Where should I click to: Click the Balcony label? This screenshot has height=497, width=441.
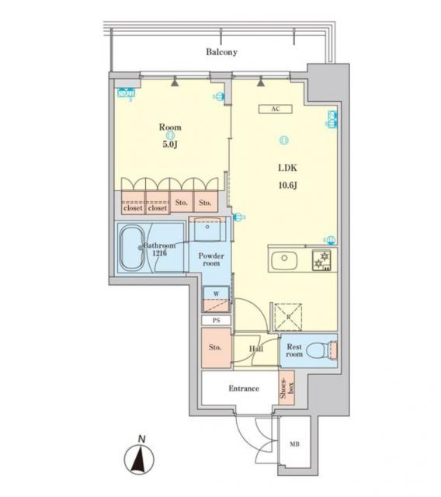pyautogui.click(x=221, y=53)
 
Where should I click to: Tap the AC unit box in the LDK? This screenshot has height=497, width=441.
pyautogui.click(x=275, y=109)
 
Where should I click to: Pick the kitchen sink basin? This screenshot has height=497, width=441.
pyautogui.click(x=284, y=259)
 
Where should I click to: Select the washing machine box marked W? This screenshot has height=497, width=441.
pyautogui.click(x=216, y=298)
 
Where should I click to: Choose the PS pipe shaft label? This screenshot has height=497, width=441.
pyautogui.click(x=216, y=320)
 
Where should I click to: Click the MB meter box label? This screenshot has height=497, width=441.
pyautogui.click(x=294, y=444)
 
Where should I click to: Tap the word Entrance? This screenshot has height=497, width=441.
pyautogui.click(x=243, y=388)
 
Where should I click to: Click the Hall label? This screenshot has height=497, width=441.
pyautogui.click(x=255, y=349)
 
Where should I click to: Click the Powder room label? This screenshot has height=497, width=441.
pyautogui.click(x=210, y=259)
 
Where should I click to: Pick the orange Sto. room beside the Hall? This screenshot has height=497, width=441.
pyautogui.click(x=216, y=347)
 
